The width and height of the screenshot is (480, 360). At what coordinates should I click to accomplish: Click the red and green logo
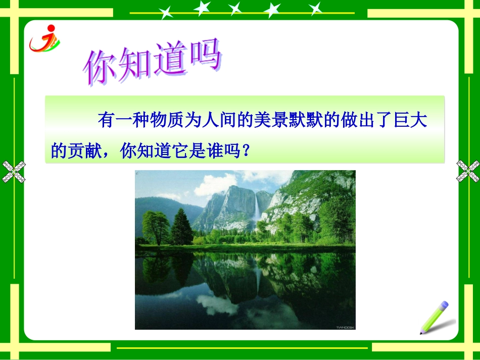tap(44, 39)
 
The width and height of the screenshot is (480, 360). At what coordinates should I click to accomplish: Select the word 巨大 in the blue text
tap(411, 121)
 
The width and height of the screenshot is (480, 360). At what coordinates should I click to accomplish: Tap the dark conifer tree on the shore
tap(181, 228)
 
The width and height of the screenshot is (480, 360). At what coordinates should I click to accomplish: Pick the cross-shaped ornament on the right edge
tap(468, 171)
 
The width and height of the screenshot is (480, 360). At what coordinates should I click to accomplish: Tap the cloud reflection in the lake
tap(217, 304)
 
